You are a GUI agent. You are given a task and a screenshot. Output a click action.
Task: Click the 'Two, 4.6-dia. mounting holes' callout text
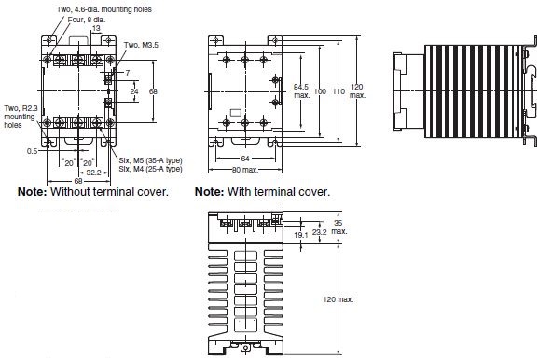[x=104, y=9]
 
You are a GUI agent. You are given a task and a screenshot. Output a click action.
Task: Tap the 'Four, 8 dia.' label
[x=86, y=20]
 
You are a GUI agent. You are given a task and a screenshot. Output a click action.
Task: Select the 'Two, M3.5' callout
[x=141, y=45]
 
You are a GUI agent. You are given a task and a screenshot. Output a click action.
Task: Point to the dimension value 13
[x=96, y=28]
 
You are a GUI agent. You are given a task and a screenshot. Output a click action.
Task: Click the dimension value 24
[x=134, y=91]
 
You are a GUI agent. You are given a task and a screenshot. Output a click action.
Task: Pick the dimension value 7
[x=128, y=73]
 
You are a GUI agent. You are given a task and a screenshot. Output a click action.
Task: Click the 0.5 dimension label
[x=32, y=151]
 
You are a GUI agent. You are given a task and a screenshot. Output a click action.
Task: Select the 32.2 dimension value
[x=93, y=173]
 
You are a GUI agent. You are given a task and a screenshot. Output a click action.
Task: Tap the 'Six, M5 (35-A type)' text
[x=150, y=160]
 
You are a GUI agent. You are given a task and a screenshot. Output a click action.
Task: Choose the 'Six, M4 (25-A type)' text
[x=150, y=169]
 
